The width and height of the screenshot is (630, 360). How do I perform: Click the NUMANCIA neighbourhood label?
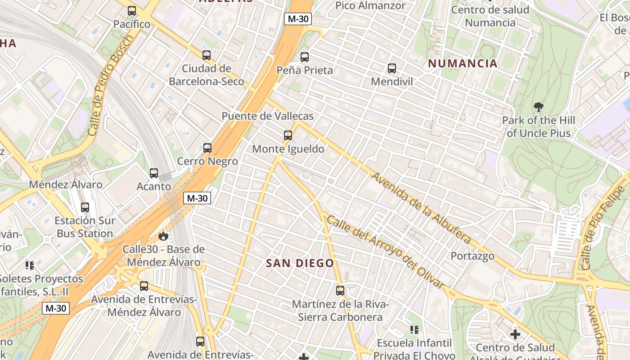463,63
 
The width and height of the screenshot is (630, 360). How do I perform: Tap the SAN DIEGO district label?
300,263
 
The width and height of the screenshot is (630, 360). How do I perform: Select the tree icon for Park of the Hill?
538,107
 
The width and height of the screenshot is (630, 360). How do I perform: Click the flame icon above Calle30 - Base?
163,236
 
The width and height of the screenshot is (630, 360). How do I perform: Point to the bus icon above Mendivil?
392,68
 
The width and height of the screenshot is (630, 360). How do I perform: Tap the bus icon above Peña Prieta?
305,57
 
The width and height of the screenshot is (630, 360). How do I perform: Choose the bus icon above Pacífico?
132,11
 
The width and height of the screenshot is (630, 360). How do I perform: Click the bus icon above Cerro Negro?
207,148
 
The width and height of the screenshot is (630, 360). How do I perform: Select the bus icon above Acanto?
154,173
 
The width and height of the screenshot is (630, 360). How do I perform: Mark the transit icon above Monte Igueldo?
288,135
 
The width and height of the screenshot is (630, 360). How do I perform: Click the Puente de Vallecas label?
267,116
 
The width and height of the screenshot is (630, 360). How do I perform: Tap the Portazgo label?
472,256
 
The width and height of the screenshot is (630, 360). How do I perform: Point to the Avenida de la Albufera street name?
420,207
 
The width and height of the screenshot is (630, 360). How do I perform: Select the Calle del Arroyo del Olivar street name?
385,252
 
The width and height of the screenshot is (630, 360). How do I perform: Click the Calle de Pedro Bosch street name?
110,86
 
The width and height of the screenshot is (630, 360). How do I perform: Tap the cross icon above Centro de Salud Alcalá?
515,334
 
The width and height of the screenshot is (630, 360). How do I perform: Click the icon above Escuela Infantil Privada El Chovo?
414,330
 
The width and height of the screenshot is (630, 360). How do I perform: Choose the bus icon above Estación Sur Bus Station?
85,207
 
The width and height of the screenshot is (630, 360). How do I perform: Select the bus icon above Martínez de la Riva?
340,291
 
